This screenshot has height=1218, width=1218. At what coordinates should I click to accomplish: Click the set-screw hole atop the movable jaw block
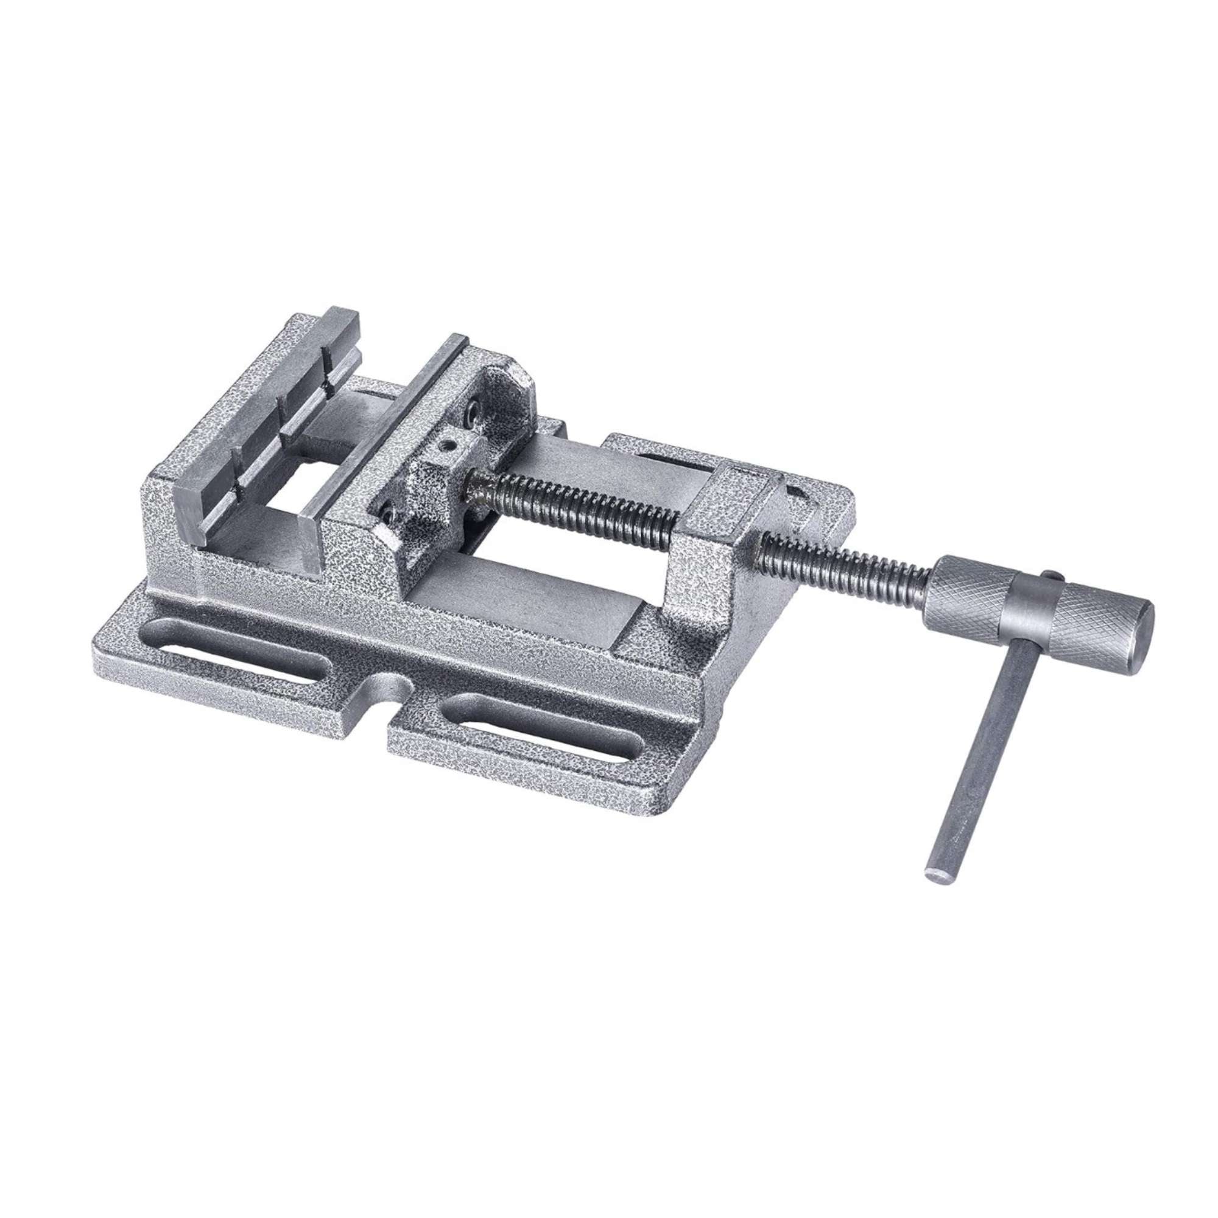point(449,446)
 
